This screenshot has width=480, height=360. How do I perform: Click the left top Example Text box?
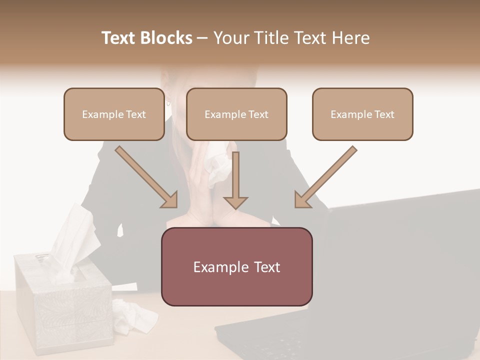[114, 114]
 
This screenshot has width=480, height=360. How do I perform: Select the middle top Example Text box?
[236, 114]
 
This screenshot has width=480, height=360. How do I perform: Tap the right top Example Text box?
[362, 114]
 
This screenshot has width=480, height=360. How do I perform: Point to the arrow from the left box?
[146, 176]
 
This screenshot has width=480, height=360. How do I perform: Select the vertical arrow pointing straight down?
[235, 180]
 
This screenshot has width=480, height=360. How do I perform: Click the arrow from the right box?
[325, 176]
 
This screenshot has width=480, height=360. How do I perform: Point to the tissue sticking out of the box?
[72, 235]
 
